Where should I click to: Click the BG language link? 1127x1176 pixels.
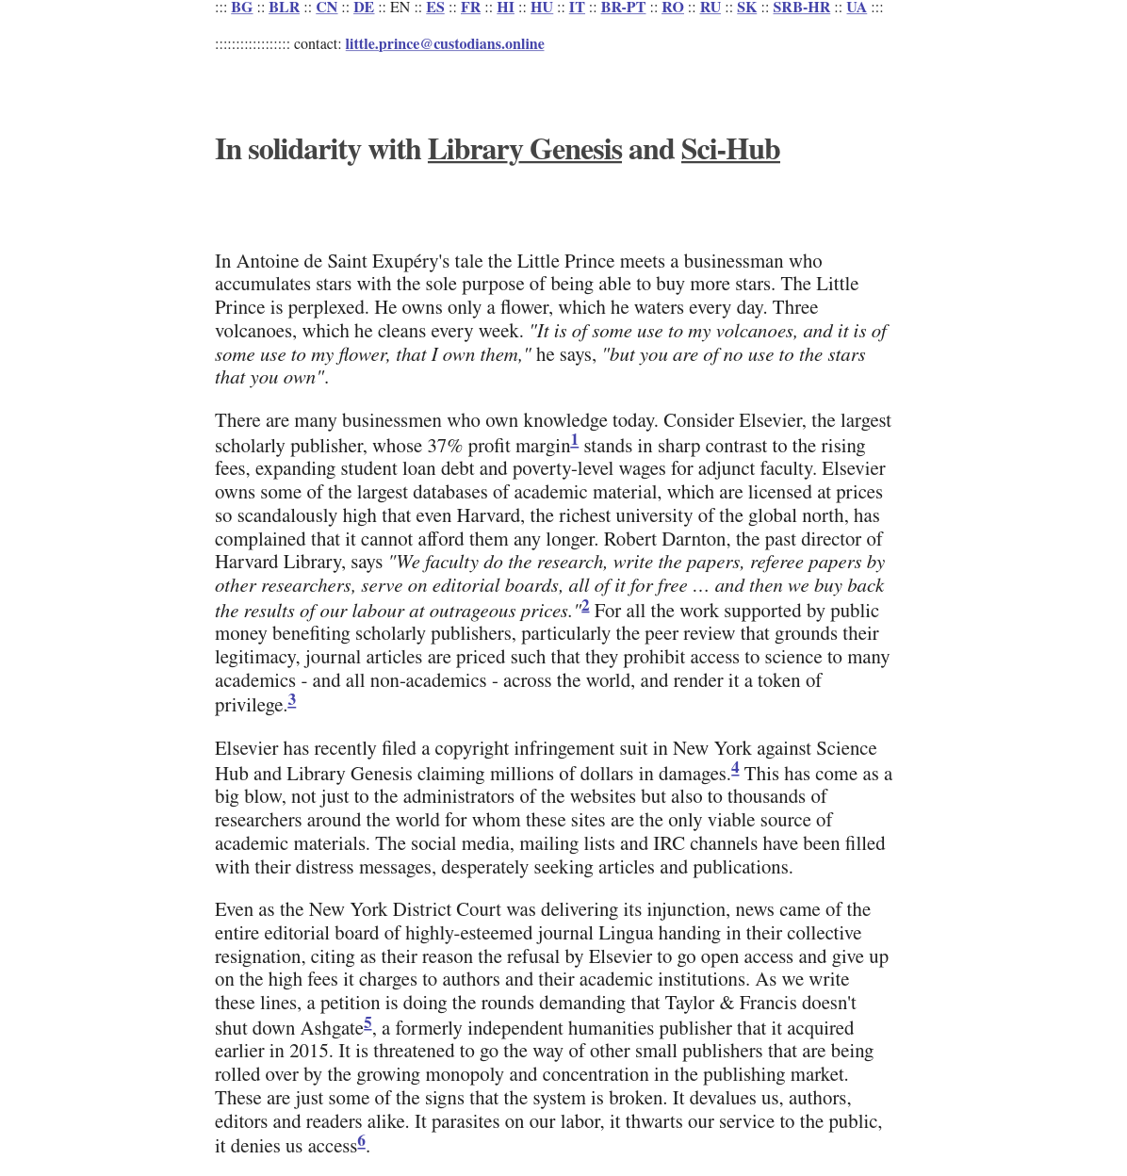[241, 8]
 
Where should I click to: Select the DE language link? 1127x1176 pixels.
[363, 8]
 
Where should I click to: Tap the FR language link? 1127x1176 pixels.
[470, 8]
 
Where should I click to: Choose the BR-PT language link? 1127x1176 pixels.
[623, 8]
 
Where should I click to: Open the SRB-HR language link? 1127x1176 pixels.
[801, 8]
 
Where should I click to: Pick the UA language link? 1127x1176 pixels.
[856, 8]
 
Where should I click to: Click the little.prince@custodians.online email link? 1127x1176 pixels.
[444, 44]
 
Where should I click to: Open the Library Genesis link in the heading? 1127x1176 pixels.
[524, 151]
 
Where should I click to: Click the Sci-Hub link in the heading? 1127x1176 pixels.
[729, 151]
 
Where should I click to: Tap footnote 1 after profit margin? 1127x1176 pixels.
[575, 440]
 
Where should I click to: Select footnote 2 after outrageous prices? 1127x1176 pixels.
[585, 606]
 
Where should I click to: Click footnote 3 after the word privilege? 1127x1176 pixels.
[292, 700]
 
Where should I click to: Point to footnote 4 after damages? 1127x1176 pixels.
[735, 768]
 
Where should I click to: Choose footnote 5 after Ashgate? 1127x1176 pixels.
[367, 1023]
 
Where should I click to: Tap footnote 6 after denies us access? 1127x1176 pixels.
[361, 1141]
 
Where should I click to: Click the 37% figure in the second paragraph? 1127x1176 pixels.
[445, 447]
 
